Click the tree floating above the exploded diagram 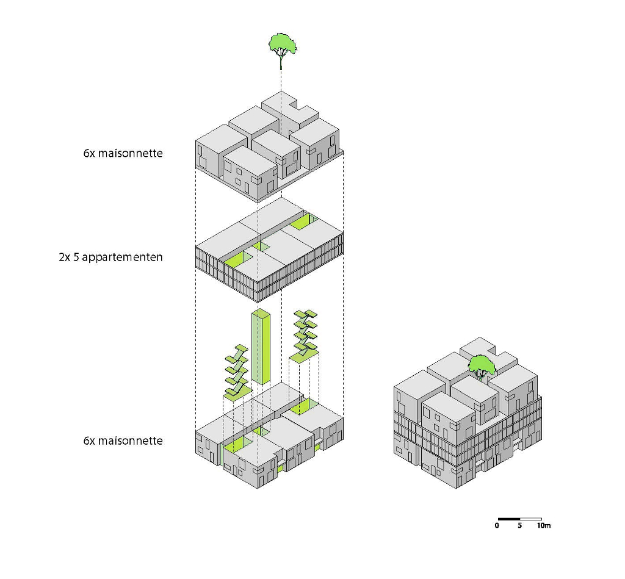(282, 49)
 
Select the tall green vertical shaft (262, 348)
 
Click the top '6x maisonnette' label (123, 153)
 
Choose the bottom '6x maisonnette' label (123, 440)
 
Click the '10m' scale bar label (544, 525)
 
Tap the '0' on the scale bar (497, 525)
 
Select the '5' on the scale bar (519, 525)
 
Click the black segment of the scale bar (508, 519)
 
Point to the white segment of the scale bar (530, 519)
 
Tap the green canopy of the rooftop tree (482, 364)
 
